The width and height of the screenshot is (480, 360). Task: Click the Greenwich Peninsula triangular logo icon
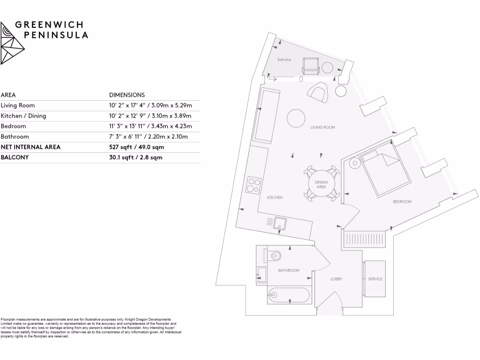click(x=12, y=43)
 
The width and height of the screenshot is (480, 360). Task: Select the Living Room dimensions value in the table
click(x=150, y=105)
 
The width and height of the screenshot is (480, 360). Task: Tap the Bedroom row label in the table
click(x=14, y=126)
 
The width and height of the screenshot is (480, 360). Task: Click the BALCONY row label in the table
click(x=15, y=157)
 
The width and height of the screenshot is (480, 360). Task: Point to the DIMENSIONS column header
click(x=127, y=95)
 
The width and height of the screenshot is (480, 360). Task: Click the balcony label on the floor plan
click(x=284, y=60)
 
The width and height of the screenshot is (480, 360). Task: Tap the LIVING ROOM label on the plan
click(x=322, y=127)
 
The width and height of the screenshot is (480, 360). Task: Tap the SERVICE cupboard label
click(x=375, y=279)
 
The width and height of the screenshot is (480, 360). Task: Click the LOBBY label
click(x=336, y=279)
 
